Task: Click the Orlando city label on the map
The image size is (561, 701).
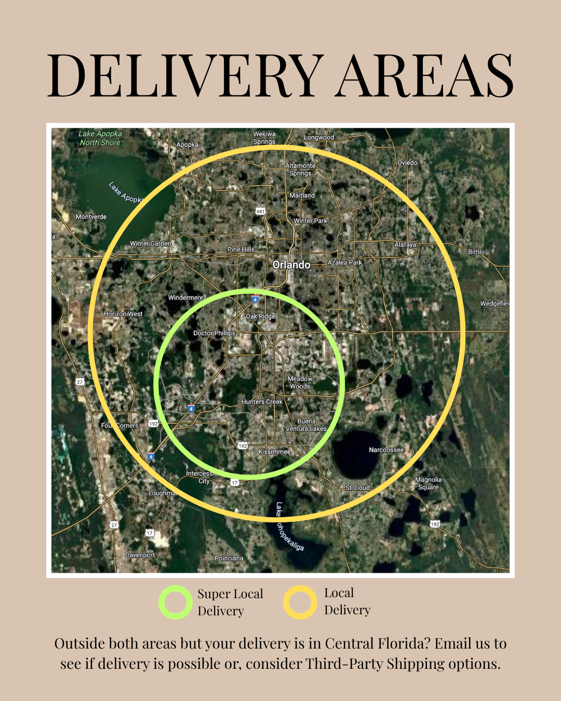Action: pos(291,265)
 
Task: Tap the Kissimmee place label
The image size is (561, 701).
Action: pos(274,452)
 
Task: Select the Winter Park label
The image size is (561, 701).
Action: pos(311,221)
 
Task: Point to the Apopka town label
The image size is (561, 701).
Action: pos(187,145)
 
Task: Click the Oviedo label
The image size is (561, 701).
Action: pos(407,163)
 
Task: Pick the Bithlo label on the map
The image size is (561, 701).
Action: pos(476,252)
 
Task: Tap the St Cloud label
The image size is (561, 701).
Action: pos(358,488)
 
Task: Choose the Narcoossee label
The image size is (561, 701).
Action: pos(386,450)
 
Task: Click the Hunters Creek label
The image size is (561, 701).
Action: pos(262,401)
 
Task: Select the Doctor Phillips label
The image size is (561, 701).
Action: pos(214,333)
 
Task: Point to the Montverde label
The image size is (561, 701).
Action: pos(91,217)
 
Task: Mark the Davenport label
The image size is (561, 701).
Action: pos(140,555)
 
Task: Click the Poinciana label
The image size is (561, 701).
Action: pos(229,558)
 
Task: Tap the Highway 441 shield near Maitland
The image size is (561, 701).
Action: pos(260,211)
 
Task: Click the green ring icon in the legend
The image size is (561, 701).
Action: pos(176,602)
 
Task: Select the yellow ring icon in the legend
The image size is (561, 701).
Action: pos(300,602)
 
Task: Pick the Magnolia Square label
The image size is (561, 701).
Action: pos(429,483)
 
